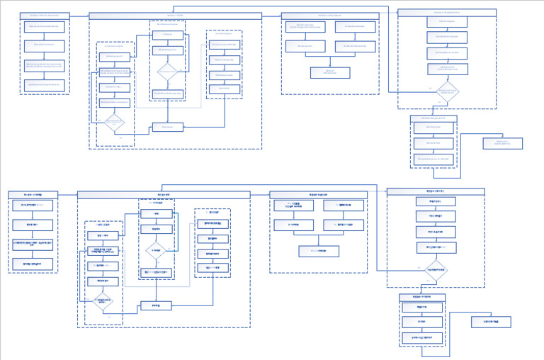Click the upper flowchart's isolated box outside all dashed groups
[x=502, y=143]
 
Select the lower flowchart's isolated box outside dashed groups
[x=491, y=322]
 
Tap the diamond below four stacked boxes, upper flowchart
[x=447, y=91]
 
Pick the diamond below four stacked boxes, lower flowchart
[x=436, y=270]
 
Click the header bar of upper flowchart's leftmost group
[x=45, y=15]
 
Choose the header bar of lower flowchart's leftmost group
[x=33, y=194]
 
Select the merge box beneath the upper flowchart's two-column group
[x=330, y=72]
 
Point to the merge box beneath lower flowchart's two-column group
[x=319, y=251]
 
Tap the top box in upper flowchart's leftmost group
[x=45, y=27]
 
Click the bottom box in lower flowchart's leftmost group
[x=33, y=264]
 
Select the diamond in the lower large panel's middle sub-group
[x=156, y=250]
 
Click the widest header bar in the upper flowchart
[x=175, y=16]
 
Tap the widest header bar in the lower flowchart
[x=164, y=194]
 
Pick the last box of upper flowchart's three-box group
[x=433, y=159]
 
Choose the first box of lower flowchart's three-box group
[x=422, y=308]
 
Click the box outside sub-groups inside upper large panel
[x=167, y=127]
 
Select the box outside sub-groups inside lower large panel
[x=156, y=305]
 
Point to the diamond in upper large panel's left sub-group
[x=114, y=123]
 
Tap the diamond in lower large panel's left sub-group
[x=103, y=300]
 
